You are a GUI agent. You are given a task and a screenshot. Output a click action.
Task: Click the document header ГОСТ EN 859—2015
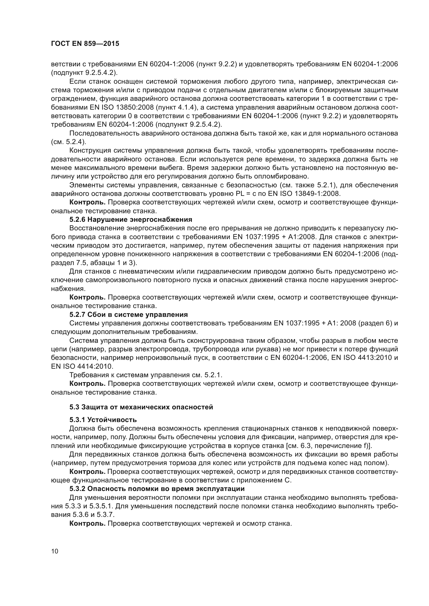point(85,44)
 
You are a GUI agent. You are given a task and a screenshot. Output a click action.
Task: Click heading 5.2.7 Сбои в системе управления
point(128,315)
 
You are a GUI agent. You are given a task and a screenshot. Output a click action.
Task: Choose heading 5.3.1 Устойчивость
point(103,420)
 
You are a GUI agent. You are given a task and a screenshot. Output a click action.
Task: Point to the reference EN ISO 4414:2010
point(82,366)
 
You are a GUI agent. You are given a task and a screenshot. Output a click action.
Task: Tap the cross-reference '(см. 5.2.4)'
point(68,142)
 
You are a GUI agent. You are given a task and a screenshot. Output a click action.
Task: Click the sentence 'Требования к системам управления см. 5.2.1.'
point(146,375)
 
